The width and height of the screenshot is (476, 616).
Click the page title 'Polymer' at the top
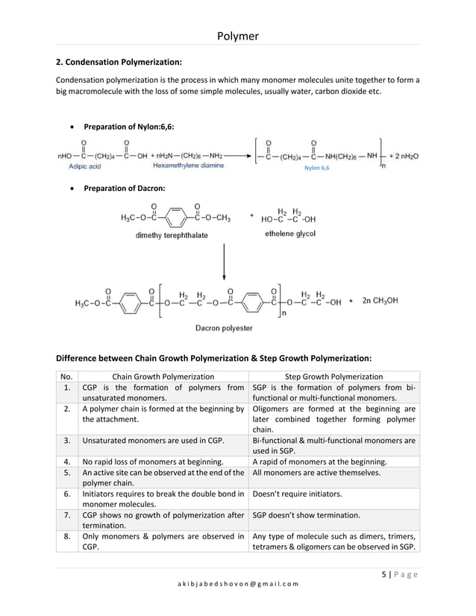(x=237, y=35)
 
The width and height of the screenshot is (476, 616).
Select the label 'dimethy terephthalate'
(x=172, y=235)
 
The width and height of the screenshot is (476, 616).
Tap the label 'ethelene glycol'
(x=290, y=233)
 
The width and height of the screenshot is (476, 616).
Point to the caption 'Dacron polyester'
(x=224, y=327)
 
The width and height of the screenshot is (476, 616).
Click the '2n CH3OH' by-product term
(x=381, y=301)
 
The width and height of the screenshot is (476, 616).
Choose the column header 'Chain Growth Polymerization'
(x=163, y=377)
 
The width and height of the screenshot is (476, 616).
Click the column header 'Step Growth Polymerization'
(x=335, y=377)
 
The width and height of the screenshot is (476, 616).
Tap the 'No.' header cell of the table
(x=67, y=377)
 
